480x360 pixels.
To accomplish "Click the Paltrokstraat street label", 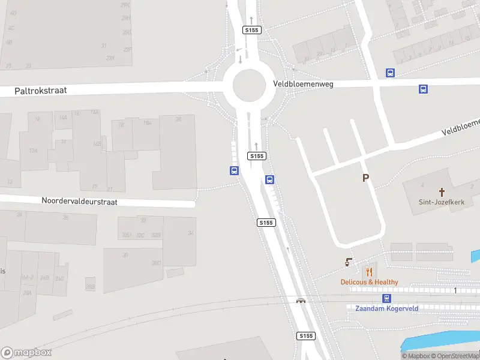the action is click(x=41, y=91).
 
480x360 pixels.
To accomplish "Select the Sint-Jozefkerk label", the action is click(x=442, y=202).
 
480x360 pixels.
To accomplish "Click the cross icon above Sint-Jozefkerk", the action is click(x=442, y=192).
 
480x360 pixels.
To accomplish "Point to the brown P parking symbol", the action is click(x=365, y=178).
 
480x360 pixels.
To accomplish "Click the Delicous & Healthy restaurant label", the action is click(x=369, y=282).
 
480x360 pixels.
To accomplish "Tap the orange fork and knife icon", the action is click(x=369, y=271).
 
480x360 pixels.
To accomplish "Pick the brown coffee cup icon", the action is click(x=349, y=262).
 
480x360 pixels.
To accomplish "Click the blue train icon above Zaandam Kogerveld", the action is click(x=387, y=298).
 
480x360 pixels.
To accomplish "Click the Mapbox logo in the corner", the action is click(x=26, y=353).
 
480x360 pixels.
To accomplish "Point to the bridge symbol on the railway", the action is click(x=301, y=300).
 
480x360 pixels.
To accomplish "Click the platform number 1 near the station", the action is click(x=455, y=290).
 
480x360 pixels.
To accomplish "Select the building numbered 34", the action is click(x=191, y=233).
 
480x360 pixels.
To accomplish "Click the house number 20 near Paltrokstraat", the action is click(x=178, y=119).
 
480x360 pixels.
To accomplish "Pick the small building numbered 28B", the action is click(x=90, y=286).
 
